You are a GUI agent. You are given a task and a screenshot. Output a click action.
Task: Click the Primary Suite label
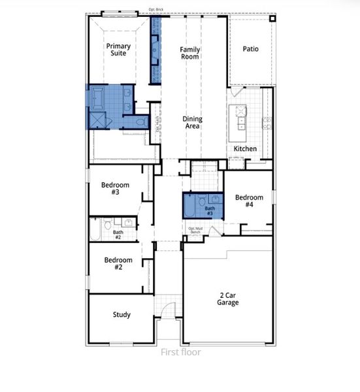(x=118, y=50)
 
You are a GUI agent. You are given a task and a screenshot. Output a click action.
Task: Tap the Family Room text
(x=190, y=53)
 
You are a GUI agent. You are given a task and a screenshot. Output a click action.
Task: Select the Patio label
(x=252, y=49)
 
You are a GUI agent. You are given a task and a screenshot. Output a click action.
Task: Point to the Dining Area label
(x=192, y=122)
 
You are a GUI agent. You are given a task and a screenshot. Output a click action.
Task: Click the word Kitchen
(x=245, y=149)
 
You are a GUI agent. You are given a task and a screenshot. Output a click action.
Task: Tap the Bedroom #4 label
(x=249, y=201)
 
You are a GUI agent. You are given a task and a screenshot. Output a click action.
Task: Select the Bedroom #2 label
(x=118, y=263)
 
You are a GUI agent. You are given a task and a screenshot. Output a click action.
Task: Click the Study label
(x=122, y=314)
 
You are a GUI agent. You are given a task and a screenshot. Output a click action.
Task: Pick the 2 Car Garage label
(x=228, y=299)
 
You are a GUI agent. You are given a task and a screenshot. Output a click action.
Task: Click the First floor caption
(x=181, y=353)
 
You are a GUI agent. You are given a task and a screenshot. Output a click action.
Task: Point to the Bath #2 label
(x=118, y=235)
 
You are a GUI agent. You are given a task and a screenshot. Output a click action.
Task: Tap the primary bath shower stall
(x=98, y=119)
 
